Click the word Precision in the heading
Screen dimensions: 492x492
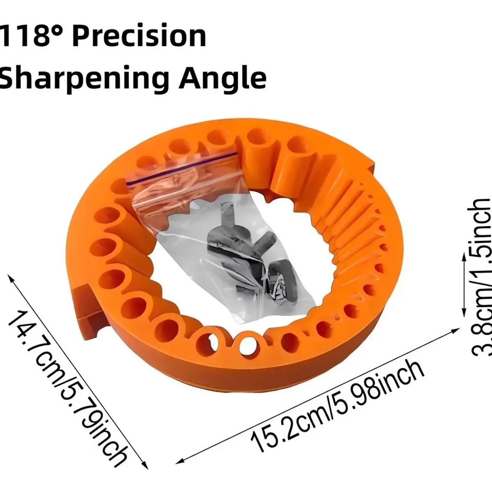(x=139, y=35)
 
